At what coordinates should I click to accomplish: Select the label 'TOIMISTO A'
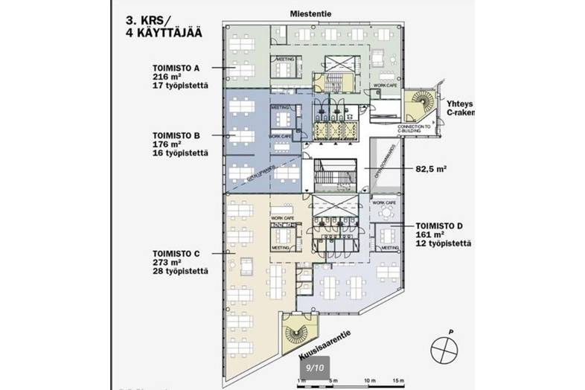click(176, 67)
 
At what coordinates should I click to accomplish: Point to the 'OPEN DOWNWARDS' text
click(384, 171)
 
